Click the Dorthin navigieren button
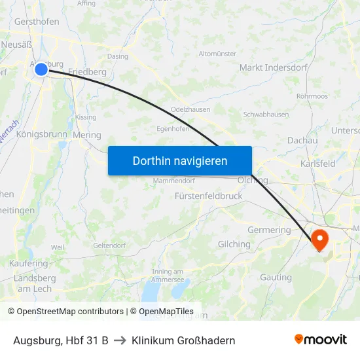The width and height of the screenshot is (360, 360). click(180, 160)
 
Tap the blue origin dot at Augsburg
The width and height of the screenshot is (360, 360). click(41, 69)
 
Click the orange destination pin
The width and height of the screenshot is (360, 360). click(320, 240)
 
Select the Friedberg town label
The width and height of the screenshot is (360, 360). click(87, 71)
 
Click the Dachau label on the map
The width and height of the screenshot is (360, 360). click(302, 140)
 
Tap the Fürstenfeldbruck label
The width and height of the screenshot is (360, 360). click(209, 196)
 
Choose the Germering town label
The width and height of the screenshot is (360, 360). click(269, 230)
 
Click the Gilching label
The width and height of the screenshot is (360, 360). click(234, 244)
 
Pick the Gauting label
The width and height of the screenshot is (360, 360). click(276, 278)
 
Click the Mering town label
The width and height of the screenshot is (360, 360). click(87, 135)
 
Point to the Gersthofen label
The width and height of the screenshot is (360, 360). click(37, 22)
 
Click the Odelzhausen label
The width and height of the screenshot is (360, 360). click(190, 109)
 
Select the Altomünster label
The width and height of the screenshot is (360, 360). click(217, 54)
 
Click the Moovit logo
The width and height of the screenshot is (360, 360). click(320, 340)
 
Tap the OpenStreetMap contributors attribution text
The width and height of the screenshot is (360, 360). click(69, 312)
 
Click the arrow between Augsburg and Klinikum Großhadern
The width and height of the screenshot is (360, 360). click(120, 340)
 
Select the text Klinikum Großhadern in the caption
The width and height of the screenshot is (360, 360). click(183, 340)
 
